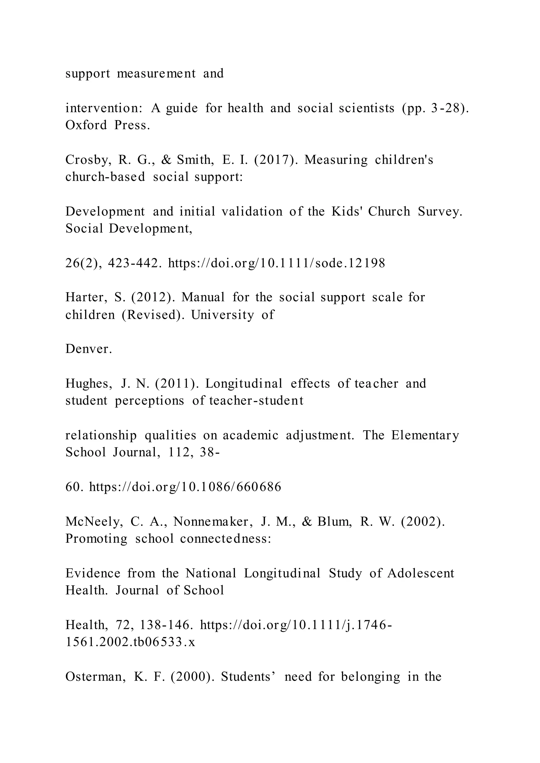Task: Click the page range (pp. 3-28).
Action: pos(436,109)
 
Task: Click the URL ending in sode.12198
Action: pos(277,263)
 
